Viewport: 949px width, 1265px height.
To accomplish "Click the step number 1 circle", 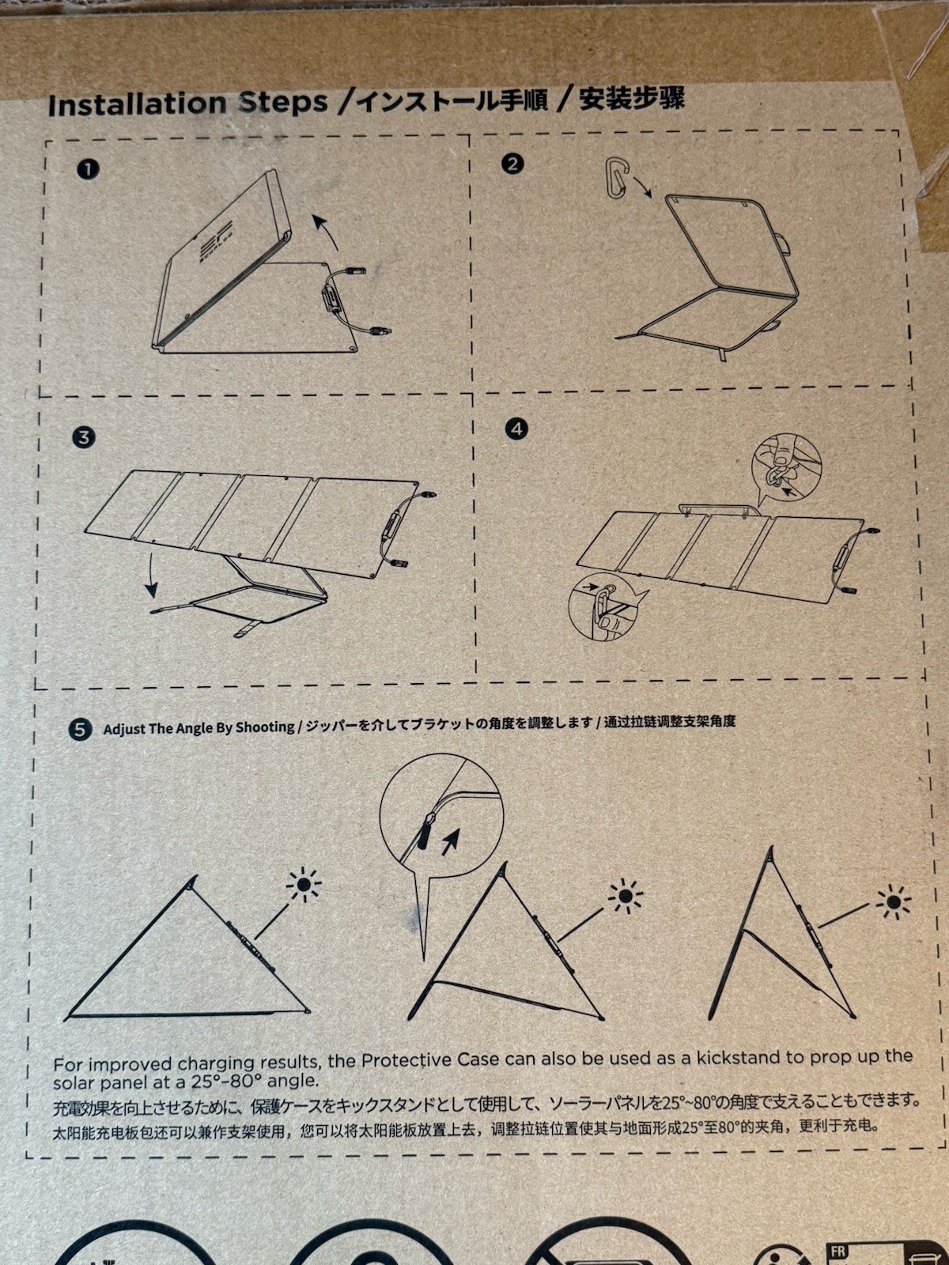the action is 88,169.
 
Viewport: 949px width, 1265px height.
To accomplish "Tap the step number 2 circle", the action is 512,164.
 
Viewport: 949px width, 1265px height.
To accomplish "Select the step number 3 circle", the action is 84,437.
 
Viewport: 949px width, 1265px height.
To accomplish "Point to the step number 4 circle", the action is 516,429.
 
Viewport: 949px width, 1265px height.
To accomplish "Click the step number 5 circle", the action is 80,730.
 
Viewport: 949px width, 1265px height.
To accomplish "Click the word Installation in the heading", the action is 137,104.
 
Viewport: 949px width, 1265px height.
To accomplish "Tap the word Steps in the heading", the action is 283,103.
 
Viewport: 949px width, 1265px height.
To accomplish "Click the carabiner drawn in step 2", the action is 617,179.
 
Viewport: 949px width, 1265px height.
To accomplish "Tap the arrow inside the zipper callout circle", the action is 450,843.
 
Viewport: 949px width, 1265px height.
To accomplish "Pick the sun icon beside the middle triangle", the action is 626,896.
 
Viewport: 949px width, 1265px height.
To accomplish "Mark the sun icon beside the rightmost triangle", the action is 893,901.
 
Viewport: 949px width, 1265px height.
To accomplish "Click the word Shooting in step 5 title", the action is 267,727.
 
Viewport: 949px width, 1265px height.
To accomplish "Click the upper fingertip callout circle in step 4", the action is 787,466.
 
